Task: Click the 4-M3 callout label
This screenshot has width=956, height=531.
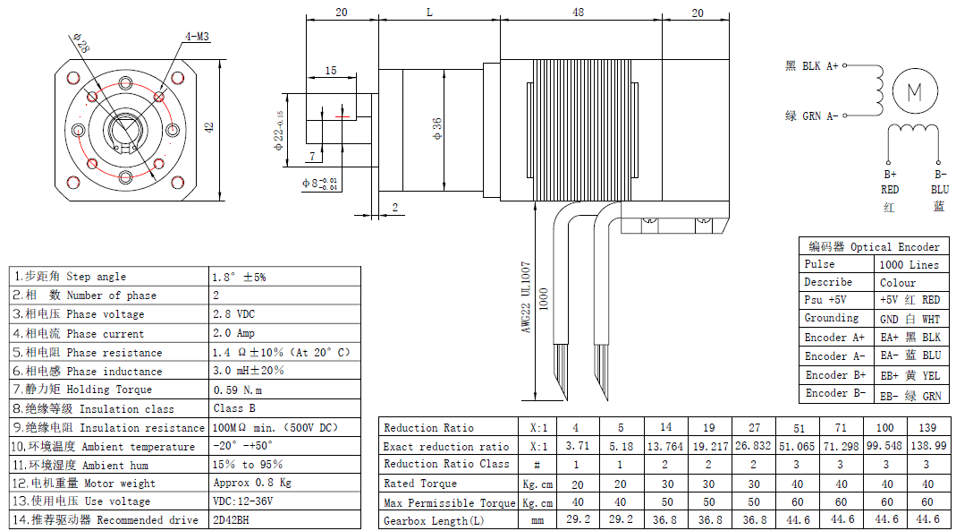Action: (197, 37)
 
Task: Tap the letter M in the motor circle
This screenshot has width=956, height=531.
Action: (914, 91)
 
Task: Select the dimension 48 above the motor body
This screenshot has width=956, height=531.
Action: (579, 13)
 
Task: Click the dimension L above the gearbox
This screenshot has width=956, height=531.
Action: (429, 13)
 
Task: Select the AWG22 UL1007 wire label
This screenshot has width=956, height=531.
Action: (527, 297)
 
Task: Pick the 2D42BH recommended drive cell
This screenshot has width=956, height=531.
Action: (232, 519)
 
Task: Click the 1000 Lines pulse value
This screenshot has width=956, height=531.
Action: (909, 265)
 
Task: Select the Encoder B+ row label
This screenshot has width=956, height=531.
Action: (835, 375)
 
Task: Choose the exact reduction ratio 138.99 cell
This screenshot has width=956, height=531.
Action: (927, 446)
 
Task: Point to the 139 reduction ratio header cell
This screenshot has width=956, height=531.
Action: (927, 427)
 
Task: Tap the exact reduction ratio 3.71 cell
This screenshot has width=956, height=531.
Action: (576, 446)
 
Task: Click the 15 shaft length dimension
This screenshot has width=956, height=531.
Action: (331, 70)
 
